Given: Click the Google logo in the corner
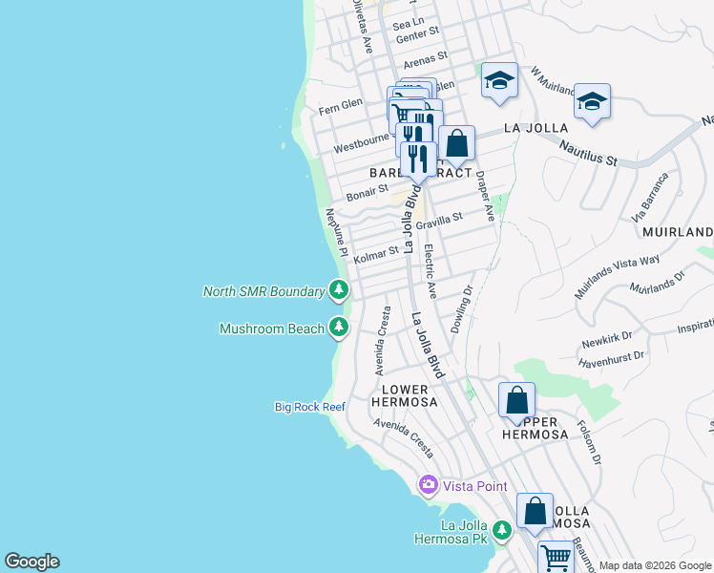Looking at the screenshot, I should [x=31, y=562].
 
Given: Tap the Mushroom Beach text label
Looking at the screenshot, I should [x=272, y=329].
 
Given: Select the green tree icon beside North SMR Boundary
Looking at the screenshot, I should [x=338, y=287].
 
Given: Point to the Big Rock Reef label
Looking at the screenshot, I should [x=309, y=407].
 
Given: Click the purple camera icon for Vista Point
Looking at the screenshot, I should [x=428, y=486].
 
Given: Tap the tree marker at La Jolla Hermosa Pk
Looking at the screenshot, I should [x=501, y=528].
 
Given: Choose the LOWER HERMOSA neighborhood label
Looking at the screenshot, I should [x=409, y=395].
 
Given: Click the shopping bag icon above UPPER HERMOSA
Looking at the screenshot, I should [x=516, y=399].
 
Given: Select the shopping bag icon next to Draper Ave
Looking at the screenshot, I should [x=457, y=143].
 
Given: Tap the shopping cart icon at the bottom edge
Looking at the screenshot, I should [x=555, y=556].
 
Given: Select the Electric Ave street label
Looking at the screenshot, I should [x=430, y=268].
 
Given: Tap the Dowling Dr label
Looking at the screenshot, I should [x=462, y=305].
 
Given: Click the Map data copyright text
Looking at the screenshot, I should [x=655, y=565].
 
